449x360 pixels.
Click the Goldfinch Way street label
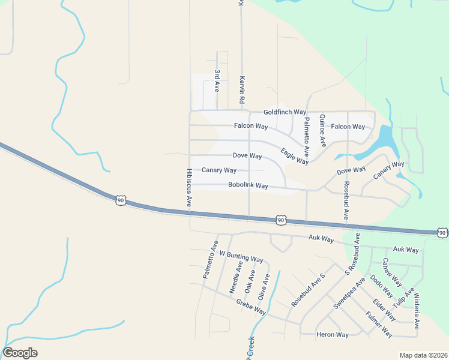point(285,112)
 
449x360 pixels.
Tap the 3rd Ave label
point(217,80)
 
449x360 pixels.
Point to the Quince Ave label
point(322,130)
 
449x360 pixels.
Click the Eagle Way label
point(294,157)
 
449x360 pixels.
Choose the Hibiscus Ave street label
point(188,187)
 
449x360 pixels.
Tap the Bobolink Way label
point(248,185)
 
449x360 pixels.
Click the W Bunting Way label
point(241,257)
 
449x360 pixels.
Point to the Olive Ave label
point(264,286)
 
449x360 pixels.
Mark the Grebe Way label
point(250,307)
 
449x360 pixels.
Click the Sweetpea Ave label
point(349,293)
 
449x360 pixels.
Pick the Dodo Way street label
point(381,286)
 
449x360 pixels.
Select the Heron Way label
point(332,335)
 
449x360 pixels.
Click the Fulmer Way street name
point(379,323)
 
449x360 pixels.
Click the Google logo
point(20,353)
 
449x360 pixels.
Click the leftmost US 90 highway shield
point(121,200)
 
